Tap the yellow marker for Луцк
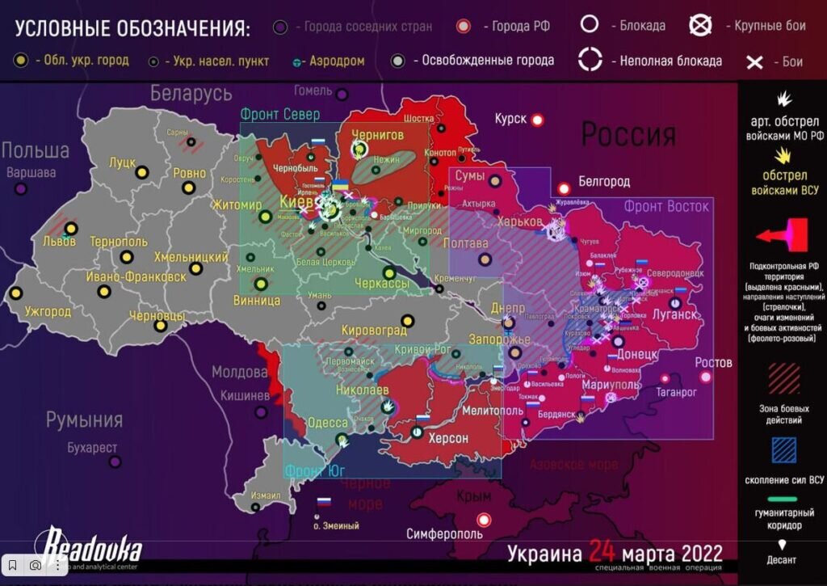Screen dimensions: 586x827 pos(141,172)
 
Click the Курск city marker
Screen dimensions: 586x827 pos(537,120)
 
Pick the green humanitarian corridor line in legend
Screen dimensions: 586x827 pos(783,499)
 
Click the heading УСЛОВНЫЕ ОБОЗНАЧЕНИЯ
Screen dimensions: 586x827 pos(132,29)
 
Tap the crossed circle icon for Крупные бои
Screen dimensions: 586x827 pos(700,25)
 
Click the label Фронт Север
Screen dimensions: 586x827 pos(280,115)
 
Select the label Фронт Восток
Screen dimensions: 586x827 pos(666,206)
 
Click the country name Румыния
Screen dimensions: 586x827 pos(84,419)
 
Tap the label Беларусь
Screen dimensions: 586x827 pos(191,94)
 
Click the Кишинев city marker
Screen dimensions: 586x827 pos(261,412)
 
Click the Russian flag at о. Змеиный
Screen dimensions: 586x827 pos(324,502)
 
